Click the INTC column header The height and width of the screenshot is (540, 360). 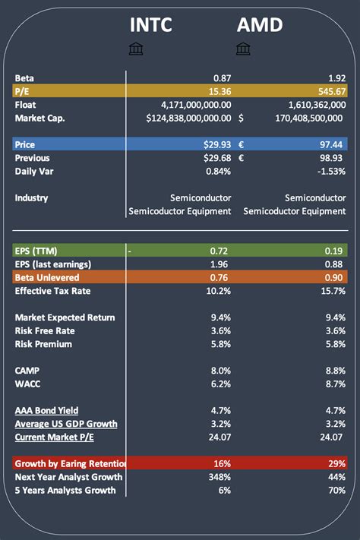[151, 24]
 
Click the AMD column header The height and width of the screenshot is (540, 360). [260, 24]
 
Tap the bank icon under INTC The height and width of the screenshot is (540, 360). [136, 49]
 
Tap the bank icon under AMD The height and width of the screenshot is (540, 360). [243, 49]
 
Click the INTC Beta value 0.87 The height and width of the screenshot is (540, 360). [221, 78]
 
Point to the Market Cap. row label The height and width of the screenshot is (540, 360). [39, 118]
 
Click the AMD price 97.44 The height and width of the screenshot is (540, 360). [333, 144]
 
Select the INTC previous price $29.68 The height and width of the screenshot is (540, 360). [215, 158]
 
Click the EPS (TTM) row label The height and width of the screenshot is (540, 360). [36, 251]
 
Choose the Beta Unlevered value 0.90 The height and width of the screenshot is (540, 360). [334, 277]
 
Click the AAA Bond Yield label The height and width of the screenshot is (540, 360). [46, 410]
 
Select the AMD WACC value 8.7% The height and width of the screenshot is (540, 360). [334, 384]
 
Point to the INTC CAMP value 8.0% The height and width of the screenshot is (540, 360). [220, 371]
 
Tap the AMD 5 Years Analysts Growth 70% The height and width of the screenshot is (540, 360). [336, 490]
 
